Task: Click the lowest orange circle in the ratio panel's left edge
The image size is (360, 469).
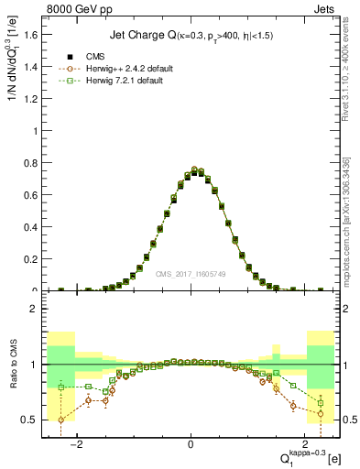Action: click(x=61, y=420)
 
